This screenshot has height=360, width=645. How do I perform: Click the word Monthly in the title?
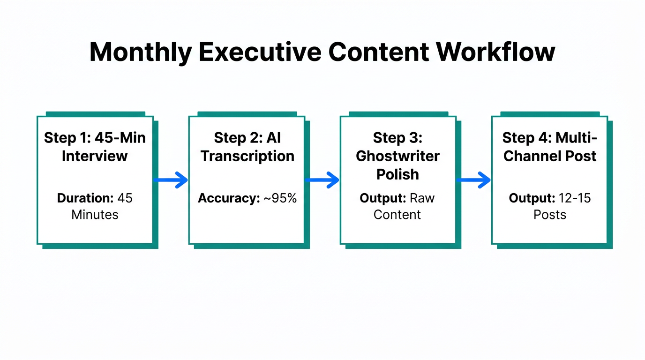click(140, 52)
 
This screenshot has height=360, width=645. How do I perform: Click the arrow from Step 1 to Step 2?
click(171, 180)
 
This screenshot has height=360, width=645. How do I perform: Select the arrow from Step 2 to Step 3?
click(322, 180)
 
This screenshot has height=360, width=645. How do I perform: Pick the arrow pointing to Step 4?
click(474, 180)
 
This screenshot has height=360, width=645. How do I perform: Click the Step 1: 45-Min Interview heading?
click(95, 147)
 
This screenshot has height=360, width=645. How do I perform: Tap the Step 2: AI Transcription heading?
click(247, 147)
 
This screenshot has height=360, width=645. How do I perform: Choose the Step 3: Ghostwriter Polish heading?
click(397, 156)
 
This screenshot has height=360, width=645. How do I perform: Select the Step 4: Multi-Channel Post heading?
click(549, 147)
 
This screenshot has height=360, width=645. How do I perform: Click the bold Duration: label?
click(85, 198)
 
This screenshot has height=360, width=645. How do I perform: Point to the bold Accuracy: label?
click(229, 198)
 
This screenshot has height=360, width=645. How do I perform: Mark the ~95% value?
click(279, 198)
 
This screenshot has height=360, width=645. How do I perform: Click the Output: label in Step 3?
click(383, 198)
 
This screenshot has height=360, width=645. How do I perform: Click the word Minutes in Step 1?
click(95, 215)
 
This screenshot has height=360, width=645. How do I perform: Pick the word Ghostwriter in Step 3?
click(397, 156)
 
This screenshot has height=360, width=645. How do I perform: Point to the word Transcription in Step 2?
click(247, 156)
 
